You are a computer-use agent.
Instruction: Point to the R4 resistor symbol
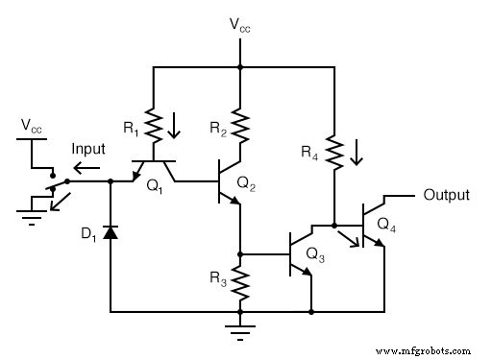[332, 152]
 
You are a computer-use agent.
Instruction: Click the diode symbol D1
[111, 232]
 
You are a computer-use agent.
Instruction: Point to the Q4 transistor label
[385, 224]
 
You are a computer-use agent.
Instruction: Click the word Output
[447, 195]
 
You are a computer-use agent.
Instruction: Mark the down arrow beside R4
[357, 153]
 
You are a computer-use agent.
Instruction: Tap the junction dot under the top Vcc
[240, 67]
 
